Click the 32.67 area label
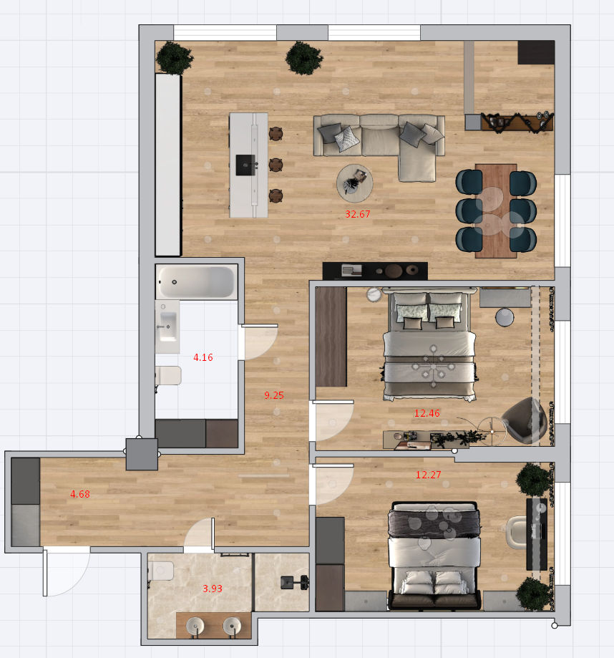357,214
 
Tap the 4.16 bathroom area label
203,357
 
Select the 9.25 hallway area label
274,395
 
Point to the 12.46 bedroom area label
427,413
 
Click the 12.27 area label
428,475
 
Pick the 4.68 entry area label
79,494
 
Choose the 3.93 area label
213,589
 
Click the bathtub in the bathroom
196,282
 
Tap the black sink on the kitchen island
245,165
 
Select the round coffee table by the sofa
355,183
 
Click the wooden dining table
496,211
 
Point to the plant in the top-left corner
174,57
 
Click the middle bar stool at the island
276,165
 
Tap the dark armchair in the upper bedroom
525,421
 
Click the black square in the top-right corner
536,52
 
